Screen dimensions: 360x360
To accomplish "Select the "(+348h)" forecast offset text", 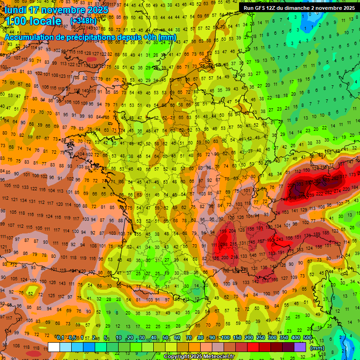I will (83, 21).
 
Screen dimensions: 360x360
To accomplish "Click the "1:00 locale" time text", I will (33, 22).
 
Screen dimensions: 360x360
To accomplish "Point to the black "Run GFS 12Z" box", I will (298, 8).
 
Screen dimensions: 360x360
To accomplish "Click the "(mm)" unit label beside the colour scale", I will (317, 348).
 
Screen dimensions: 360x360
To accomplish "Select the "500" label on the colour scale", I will (307, 338).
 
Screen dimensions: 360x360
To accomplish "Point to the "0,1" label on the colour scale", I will (60, 338).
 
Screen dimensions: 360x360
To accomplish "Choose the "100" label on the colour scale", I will (226, 338).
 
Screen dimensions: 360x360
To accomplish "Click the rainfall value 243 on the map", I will (279, 240).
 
